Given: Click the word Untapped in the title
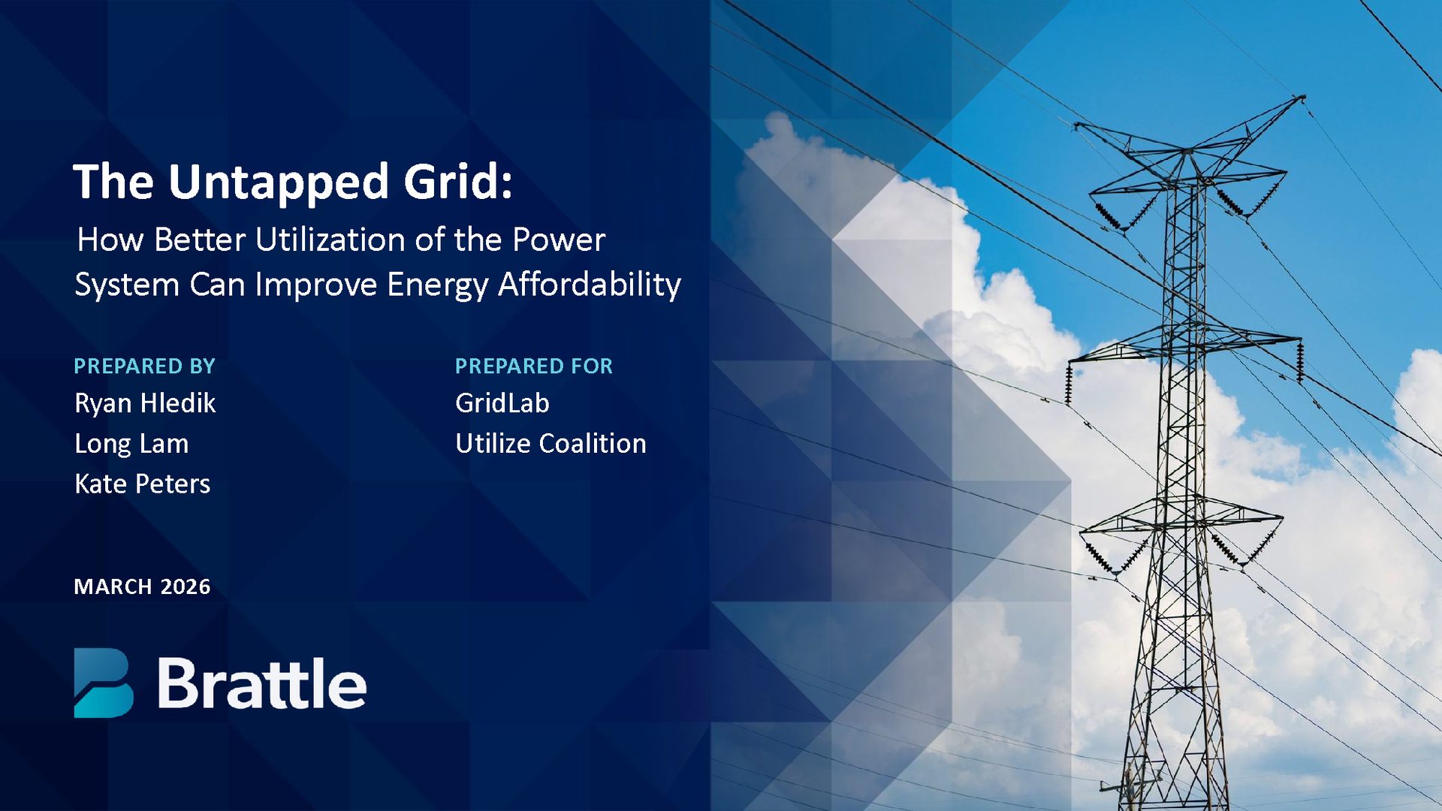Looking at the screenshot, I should tap(278, 182).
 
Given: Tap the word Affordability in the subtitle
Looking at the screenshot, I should tap(589, 285).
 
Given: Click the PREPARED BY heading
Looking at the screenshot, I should tap(144, 366).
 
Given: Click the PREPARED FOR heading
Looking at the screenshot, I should tap(533, 366).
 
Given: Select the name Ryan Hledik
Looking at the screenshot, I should tap(145, 404).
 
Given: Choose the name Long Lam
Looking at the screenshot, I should tap(131, 445).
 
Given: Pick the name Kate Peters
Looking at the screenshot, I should tap(142, 484).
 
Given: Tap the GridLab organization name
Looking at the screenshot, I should tap(502, 404).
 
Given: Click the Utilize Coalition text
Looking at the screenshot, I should tap(550, 444).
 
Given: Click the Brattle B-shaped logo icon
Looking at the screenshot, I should tap(103, 683).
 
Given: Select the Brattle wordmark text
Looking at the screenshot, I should tap(261, 683).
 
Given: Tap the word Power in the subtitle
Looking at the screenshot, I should tap(558, 240).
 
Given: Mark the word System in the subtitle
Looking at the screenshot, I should tap(127, 286).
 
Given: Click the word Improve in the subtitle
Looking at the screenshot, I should tap(315, 285).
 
